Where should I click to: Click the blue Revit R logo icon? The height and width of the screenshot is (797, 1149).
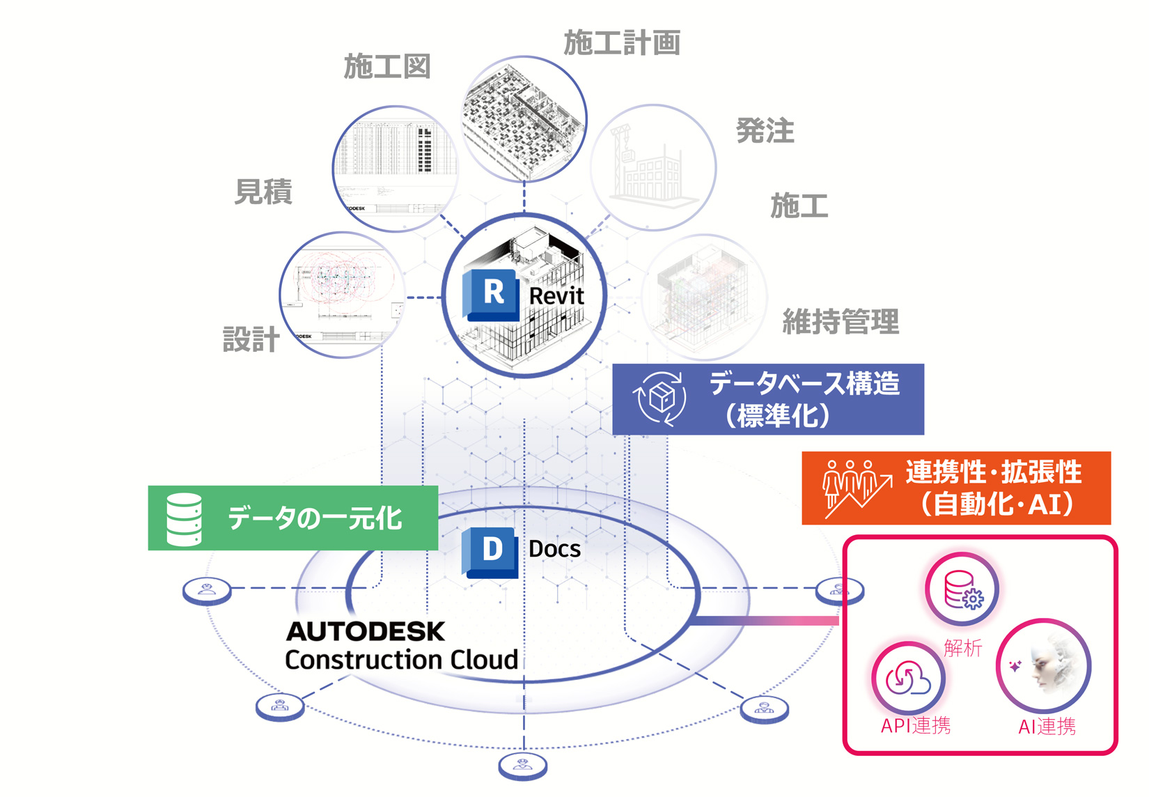click(492, 295)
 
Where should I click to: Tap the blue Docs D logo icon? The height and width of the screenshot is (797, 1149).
click(491, 552)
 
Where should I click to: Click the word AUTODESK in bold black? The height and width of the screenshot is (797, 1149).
click(366, 631)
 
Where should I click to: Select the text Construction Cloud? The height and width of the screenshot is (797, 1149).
click(401, 660)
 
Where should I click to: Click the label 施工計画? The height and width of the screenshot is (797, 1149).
click(621, 43)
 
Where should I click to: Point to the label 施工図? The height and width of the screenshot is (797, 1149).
click(387, 67)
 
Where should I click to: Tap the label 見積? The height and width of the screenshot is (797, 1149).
click(263, 192)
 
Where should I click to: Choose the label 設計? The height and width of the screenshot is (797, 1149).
click(251, 339)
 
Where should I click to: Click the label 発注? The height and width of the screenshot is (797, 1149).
click(765, 130)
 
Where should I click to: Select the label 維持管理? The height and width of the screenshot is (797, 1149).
click(841, 321)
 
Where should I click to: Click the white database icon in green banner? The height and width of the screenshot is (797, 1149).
click(185, 519)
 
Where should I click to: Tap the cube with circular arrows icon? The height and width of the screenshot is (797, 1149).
click(659, 398)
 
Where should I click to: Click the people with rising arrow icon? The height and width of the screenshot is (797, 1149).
click(857, 488)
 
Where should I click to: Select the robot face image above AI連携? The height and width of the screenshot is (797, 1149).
click(1044, 665)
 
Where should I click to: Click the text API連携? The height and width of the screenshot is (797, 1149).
click(915, 726)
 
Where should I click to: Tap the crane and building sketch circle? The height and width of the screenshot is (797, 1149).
click(652, 168)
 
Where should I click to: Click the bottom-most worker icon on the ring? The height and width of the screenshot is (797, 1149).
click(523, 766)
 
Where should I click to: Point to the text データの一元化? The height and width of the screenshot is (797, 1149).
click(315, 518)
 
